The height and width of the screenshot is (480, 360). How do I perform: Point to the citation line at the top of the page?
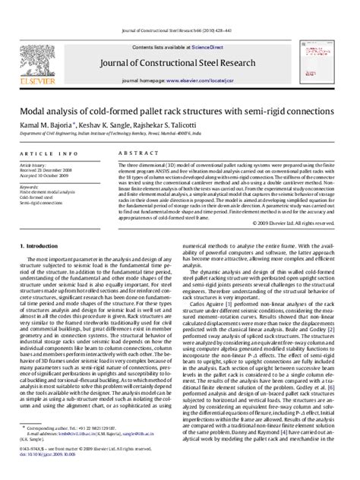pyautogui.click(x=180, y=8)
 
